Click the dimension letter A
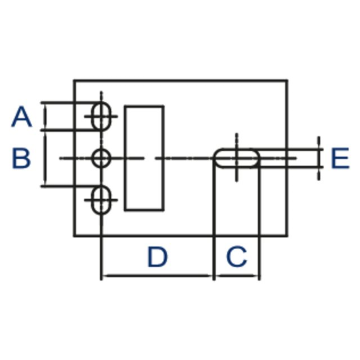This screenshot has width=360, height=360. tap(22, 117)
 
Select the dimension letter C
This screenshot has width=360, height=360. tap(237, 256)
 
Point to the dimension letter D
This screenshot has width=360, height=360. tap(157, 256)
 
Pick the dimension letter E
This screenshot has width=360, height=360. tap(340, 158)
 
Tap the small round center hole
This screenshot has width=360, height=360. tap(101, 158)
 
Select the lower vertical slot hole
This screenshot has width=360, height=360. tap(101, 200)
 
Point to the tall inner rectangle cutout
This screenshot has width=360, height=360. tap(144, 158)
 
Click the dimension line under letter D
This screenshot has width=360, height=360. tap(157, 276)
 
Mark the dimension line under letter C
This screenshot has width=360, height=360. tap(237, 276)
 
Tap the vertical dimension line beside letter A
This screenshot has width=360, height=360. tap(45, 116)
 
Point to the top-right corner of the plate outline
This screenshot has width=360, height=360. tap(287, 80)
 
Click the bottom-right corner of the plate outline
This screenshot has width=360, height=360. tap(287, 236)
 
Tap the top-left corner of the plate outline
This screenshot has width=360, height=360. tap(74, 80)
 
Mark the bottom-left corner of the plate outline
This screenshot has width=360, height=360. tap(74, 236)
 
